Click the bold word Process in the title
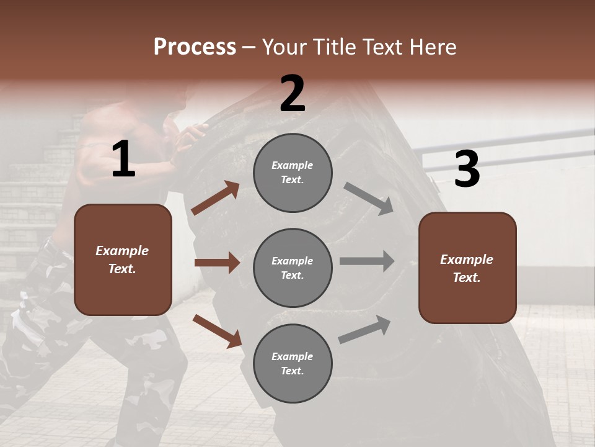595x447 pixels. (195, 47)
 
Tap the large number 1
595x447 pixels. (123, 160)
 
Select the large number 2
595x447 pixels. (293, 94)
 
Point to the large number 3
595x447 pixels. (467, 169)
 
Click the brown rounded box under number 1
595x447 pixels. (123, 260)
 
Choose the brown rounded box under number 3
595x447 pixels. (467, 268)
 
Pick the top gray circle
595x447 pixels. (293, 173)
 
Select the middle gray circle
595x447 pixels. (293, 268)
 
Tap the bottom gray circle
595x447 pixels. (293, 363)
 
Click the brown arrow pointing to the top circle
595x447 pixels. (216, 198)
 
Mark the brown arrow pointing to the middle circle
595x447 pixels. (217, 263)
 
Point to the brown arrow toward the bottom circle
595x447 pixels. (217, 331)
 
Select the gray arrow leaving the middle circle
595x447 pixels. (366, 261)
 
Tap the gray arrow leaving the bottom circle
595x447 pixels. (364, 330)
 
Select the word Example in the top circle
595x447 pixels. (293, 165)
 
